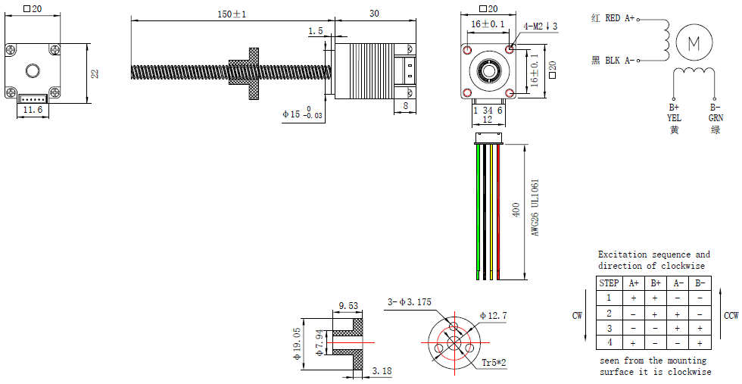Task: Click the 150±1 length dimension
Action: tap(232, 14)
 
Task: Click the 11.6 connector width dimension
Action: tap(33, 110)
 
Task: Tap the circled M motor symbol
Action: tap(694, 43)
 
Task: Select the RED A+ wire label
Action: tap(620, 18)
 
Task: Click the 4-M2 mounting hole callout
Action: tap(541, 26)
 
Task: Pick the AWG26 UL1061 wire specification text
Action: tap(535, 208)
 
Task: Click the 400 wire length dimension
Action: tap(516, 210)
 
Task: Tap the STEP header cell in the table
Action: tap(609, 283)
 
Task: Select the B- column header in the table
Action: tap(700, 283)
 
